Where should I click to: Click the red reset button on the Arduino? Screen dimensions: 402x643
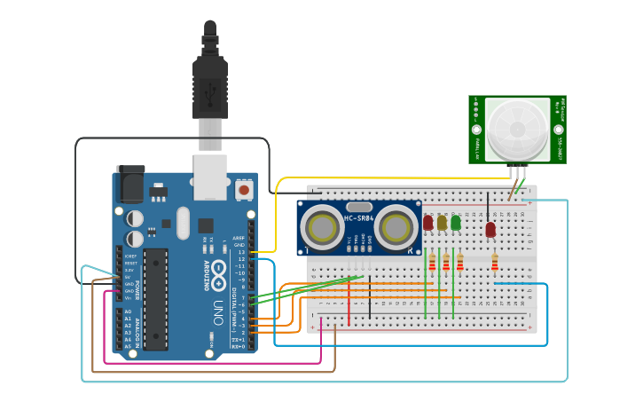244,189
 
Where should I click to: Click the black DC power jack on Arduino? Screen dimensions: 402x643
130,185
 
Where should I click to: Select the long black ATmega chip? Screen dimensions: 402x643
155,298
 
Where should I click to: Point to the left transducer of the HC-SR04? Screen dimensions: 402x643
322,228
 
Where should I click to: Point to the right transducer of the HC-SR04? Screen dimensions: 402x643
396,228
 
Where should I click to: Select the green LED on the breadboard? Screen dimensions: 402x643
456,222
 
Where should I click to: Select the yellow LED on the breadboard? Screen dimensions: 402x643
442,222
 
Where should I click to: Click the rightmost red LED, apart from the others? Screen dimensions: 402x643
490,229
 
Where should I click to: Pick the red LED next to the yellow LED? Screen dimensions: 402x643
428,222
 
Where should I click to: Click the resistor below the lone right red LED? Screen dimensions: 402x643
494,262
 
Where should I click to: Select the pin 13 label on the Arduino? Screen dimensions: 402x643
239,252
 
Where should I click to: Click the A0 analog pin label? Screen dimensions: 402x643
128,311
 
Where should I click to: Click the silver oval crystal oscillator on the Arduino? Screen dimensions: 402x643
183,223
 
